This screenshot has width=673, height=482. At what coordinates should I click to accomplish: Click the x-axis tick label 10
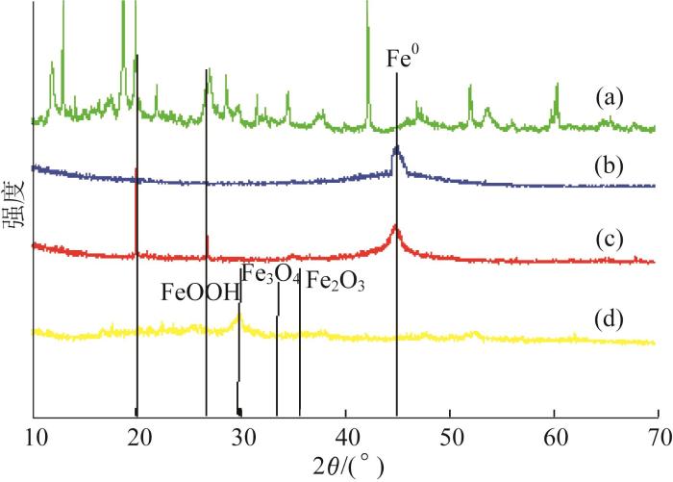tap(34, 438)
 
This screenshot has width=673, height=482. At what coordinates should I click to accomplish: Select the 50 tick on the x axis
tap(450, 438)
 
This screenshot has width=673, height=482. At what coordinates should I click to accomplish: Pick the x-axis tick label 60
tap(554, 438)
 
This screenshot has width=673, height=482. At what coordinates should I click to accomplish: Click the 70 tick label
tap(658, 438)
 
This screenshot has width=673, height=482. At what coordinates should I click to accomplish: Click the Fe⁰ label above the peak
tap(403, 59)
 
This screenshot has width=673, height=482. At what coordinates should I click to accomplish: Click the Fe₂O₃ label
tap(335, 283)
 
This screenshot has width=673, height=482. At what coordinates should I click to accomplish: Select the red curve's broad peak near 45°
tap(395, 228)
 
